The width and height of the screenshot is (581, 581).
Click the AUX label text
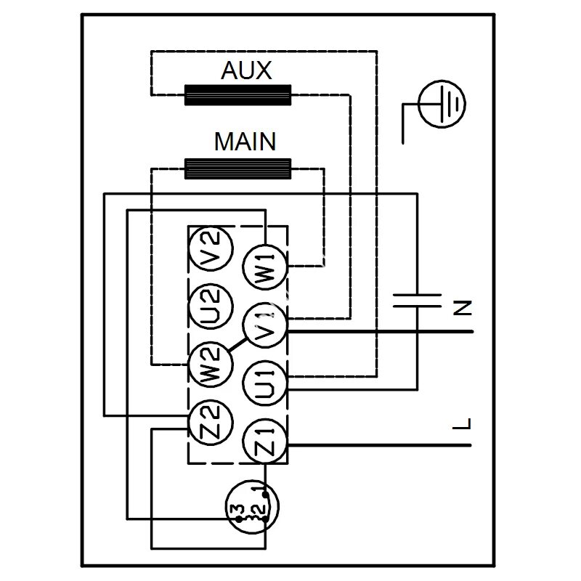(x=245, y=71)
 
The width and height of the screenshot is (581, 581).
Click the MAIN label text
(x=245, y=142)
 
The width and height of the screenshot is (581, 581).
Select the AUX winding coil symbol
(x=238, y=95)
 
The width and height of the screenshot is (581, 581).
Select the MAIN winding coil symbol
(x=238, y=168)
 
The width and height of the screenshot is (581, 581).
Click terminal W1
(x=264, y=268)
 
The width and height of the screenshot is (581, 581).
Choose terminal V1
(x=264, y=326)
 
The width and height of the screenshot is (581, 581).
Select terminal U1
(x=264, y=383)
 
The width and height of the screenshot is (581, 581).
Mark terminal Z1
(x=264, y=442)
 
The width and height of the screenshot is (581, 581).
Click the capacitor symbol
(x=417, y=301)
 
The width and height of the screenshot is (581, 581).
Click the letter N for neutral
(x=462, y=307)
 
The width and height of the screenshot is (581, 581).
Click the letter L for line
(x=462, y=424)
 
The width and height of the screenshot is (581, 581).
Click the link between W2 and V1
(x=237, y=346)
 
